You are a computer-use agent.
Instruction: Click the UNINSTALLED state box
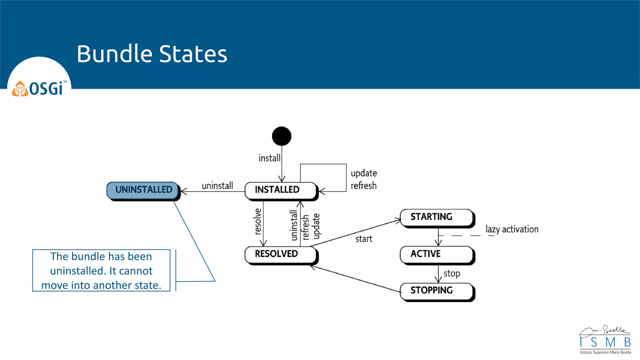click(143, 190)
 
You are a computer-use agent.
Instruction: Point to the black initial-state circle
click(282, 136)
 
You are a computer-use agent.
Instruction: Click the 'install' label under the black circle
click(269, 158)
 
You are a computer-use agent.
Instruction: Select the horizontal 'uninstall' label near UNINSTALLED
click(217, 186)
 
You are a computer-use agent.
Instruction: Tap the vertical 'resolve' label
click(257, 222)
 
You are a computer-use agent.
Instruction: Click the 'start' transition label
click(363, 239)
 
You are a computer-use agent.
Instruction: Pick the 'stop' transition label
click(452, 273)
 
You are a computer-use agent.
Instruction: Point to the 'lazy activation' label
click(512, 229)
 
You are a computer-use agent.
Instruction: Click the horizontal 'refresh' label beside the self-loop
click(363, 186)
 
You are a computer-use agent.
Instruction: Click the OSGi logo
click(39, 88)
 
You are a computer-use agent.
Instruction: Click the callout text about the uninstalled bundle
click(101, 271)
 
